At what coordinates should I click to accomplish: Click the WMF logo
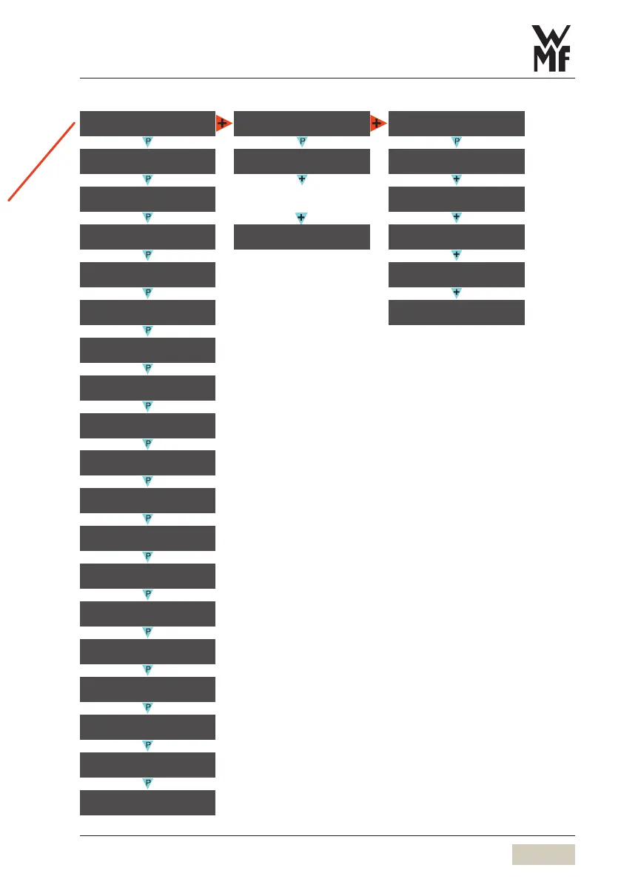tap(554, 49)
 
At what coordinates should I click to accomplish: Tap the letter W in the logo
tap(554, 37)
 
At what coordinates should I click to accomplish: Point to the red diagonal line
tap(43, 161)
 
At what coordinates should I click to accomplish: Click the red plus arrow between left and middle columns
tap(224, 123)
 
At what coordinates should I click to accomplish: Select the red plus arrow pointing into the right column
tap(378, 123)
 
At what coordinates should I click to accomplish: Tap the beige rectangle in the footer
tap(543, 854)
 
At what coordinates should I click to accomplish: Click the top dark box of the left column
tap(147, 123)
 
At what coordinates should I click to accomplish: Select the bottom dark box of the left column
tap(147, 803)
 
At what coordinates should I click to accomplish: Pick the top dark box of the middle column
tap(301, 123)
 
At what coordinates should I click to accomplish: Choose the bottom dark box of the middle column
tap(301, 236)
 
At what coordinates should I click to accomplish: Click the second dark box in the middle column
tap(301, 161)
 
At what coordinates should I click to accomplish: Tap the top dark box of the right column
tap(456, 123)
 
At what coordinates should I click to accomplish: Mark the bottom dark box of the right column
tap(456, 312)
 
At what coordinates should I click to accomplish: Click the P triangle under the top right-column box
tap(457, 141)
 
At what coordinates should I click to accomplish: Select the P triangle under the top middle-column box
tap(302, 141)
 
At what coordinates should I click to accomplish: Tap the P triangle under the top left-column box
tap(147, 141)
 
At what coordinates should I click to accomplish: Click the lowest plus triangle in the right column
tap(457, 293)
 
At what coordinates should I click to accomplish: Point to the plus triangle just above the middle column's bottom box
tap(302, 218)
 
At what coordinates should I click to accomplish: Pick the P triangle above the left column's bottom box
tap(147, 783)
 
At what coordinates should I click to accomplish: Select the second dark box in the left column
tap(147, 161)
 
